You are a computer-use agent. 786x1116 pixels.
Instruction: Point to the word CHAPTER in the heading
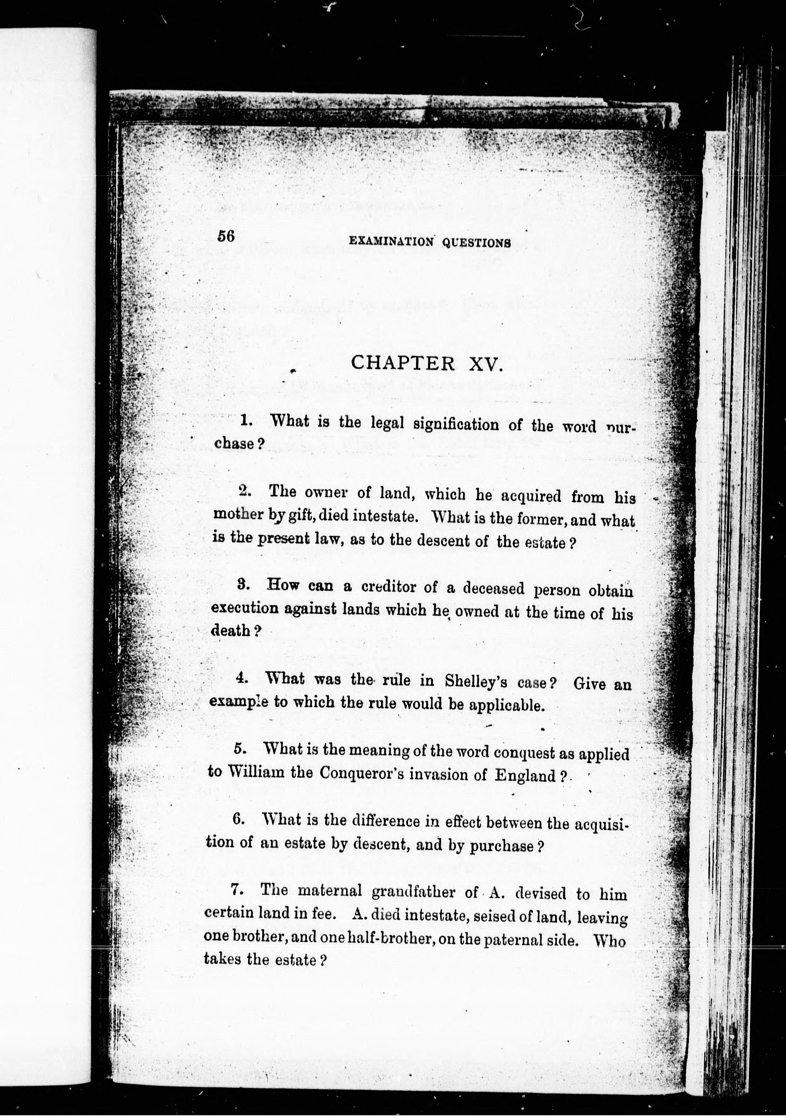click(403, 363)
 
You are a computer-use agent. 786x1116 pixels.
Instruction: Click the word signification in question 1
click(456, 424)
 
